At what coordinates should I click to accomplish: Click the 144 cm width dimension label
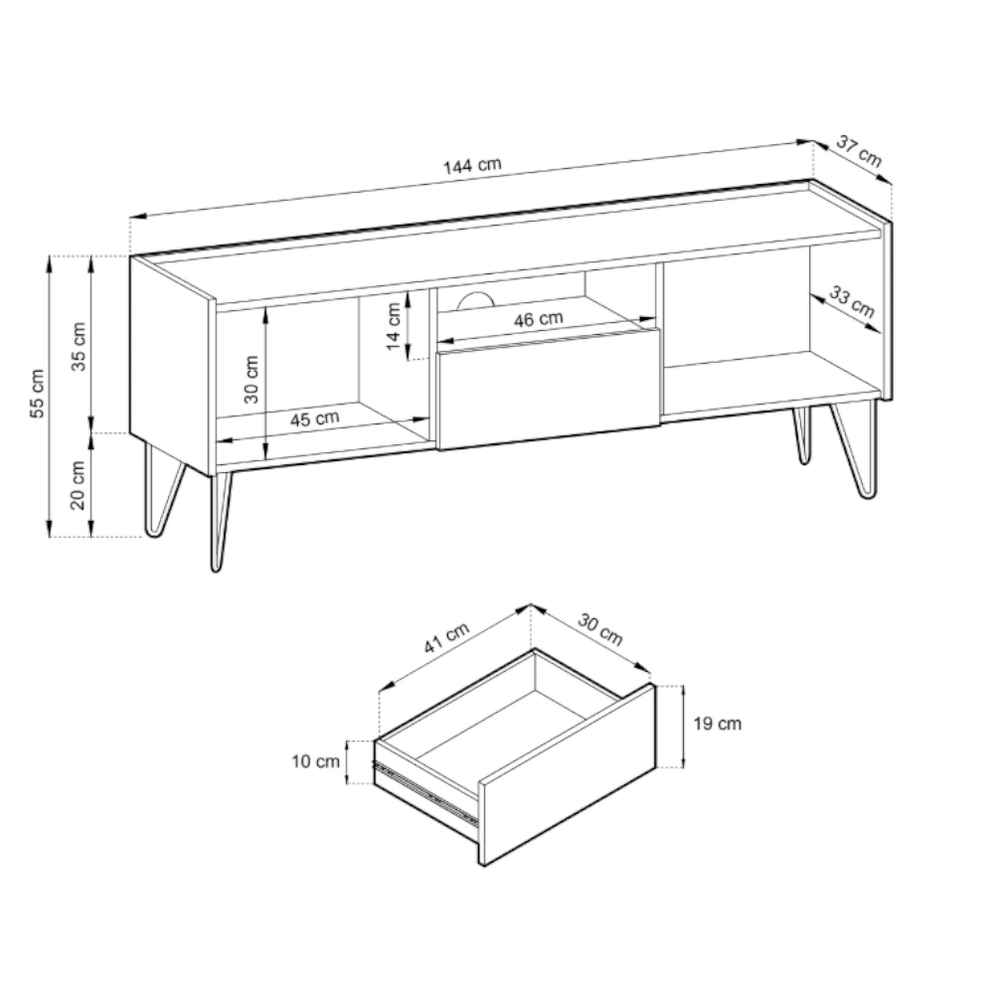472,166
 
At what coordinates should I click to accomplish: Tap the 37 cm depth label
859,151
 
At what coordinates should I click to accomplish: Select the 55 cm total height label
38,393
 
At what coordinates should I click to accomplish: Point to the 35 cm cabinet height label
79,346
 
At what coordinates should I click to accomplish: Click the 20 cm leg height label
78,485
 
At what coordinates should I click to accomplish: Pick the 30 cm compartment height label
251,379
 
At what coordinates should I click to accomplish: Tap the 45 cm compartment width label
315,419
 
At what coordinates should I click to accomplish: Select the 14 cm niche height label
394,326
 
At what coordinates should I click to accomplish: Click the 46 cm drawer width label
538,319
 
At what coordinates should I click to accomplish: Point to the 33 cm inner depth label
853,302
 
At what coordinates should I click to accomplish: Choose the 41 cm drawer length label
446,637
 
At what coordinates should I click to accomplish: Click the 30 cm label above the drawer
600,628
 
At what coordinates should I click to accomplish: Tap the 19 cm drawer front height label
717,724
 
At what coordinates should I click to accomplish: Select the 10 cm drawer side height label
315,760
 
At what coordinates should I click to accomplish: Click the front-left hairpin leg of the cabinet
220,521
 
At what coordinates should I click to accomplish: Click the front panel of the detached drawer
568,774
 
